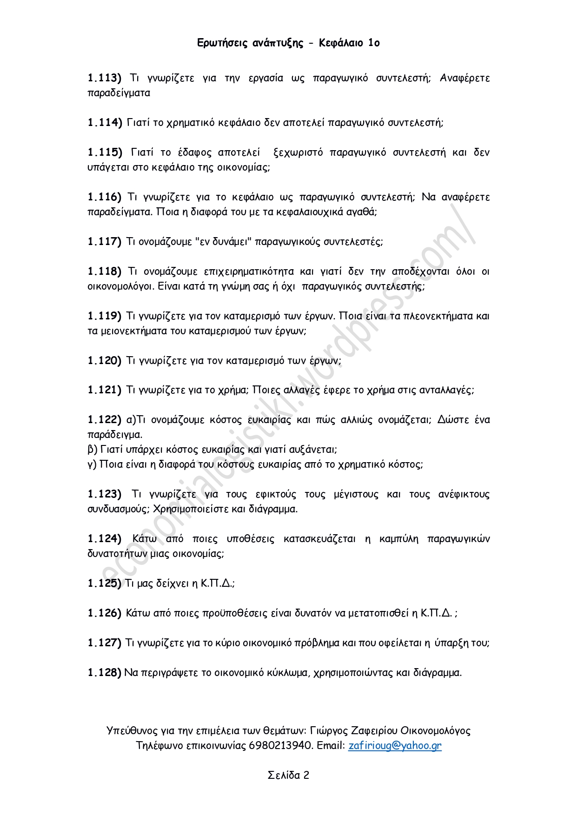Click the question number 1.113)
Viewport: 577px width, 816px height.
click(104, 78)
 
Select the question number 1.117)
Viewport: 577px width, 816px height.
click(104, 241)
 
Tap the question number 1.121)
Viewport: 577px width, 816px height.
click(104, 390)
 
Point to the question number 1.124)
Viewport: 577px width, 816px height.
click(104, 538)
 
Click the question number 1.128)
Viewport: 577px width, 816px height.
click(104, 672)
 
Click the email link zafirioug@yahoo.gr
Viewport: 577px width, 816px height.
click(395, 745)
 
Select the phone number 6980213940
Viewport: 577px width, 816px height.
click(280, 745)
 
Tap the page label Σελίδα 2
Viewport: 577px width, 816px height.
click(288, 775)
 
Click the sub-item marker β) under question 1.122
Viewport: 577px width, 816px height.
click(92, 449)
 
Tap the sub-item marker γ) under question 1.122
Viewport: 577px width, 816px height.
click(92, 464)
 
